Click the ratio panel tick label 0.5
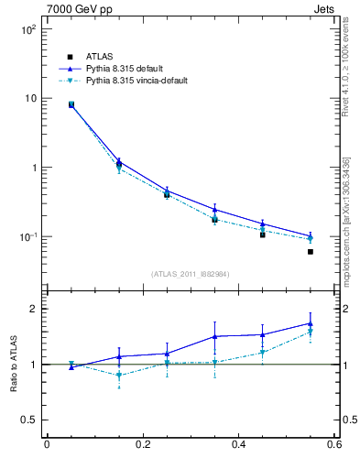[x=27, y=420]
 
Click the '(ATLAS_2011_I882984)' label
[x=191, y=274]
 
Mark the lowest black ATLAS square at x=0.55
[x=311, y=252]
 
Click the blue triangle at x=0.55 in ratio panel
[x=311, y=323]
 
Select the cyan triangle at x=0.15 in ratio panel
[x=119, y=375]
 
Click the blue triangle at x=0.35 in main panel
[x=215, y=210]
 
